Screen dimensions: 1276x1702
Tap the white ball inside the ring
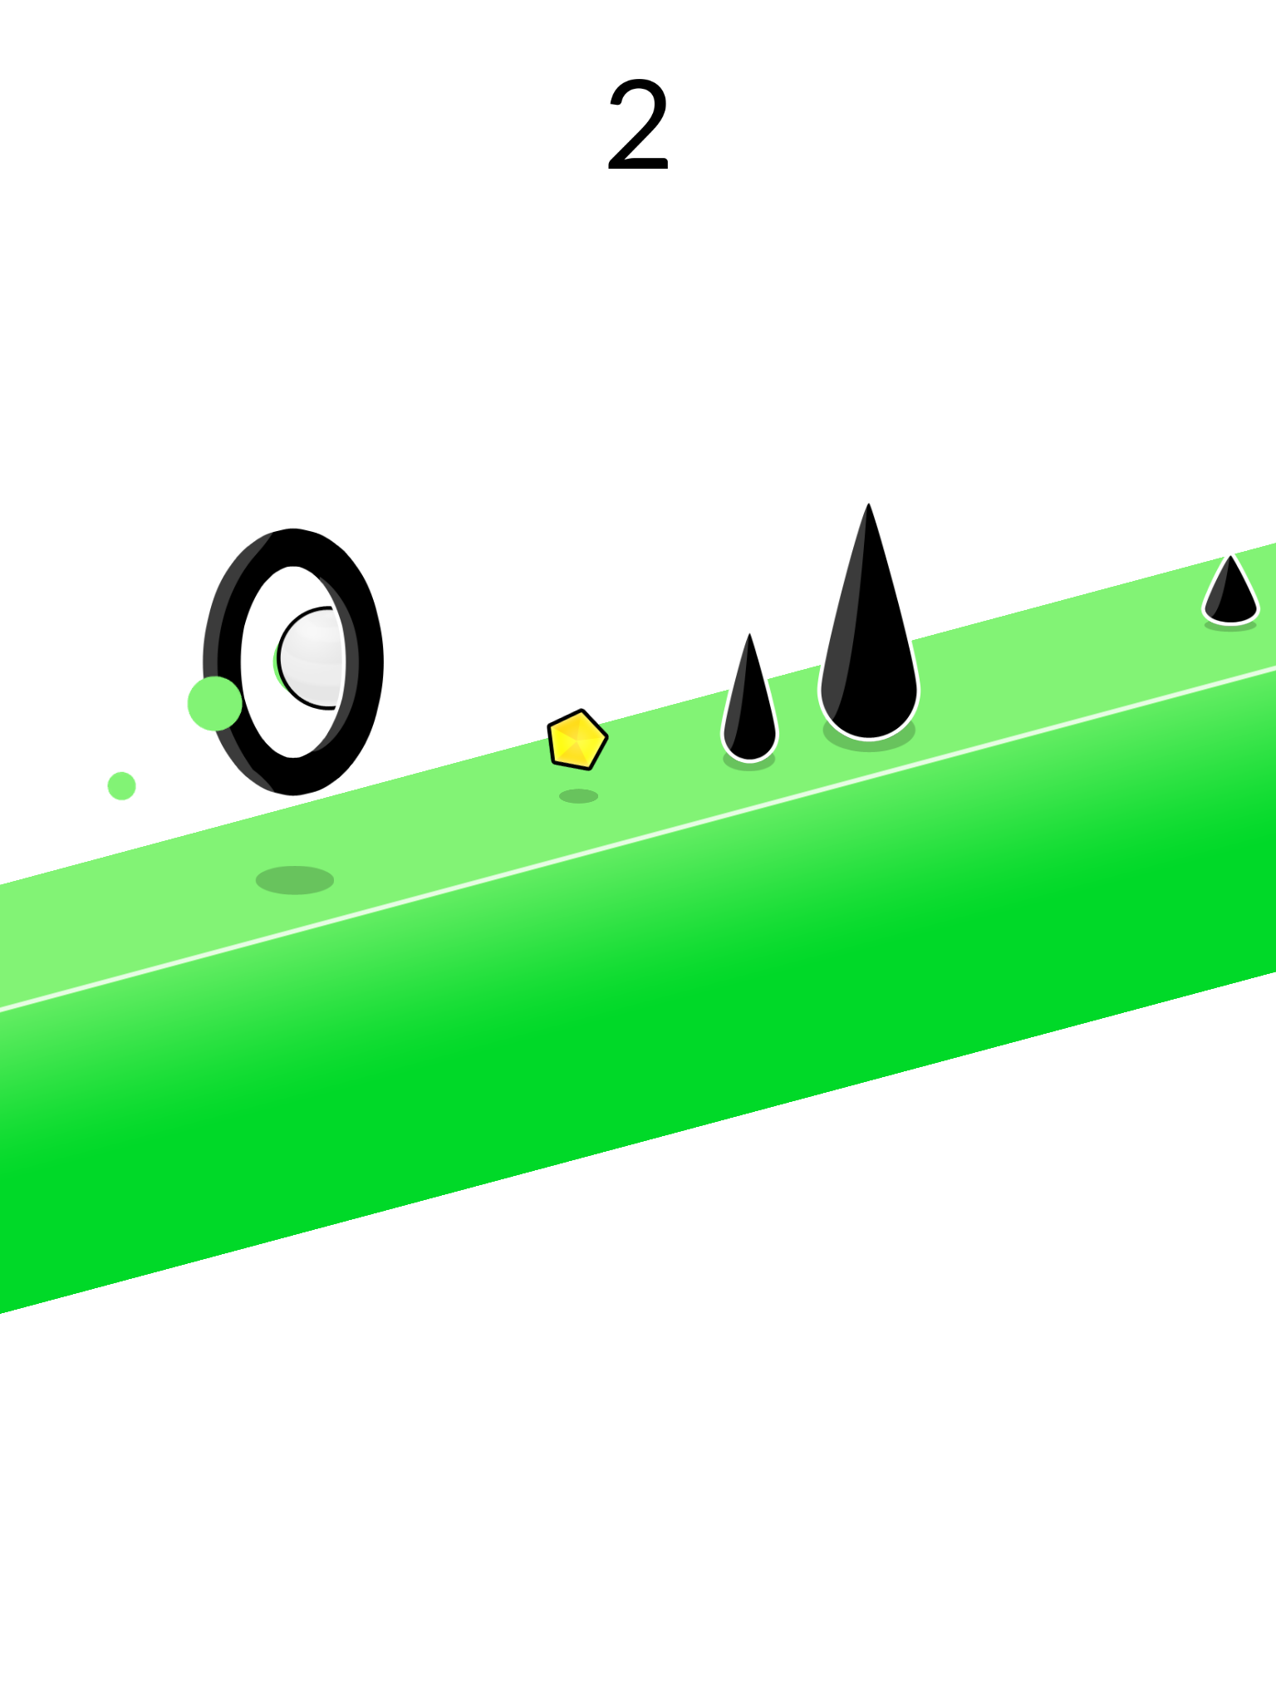pyautogui.click(x=312, y=658)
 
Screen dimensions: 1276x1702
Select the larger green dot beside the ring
pyautogui.click(x=214, y=703)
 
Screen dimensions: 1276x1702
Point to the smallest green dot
pyautogui.click(x=121, y=785)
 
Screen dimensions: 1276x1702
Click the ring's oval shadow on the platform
pyautogui.click(x=295, y=880)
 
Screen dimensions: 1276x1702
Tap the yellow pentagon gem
pyautogui.click(x=577, y=739)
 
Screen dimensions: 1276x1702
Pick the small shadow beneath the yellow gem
pyautogui.click(x=579, y=796)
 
